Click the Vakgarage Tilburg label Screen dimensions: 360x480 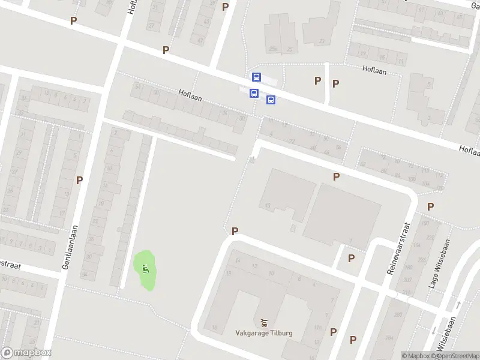[x=263, y=332]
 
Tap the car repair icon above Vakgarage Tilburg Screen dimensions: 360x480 [x=263, y=322]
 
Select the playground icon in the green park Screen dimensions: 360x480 [x=145, y=268]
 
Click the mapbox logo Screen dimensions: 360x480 [x=26, y=353]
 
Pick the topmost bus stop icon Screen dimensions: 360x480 [x=257, y=77]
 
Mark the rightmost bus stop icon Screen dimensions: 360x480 [x=271, y=100]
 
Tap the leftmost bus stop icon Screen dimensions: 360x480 [x=254, y=93]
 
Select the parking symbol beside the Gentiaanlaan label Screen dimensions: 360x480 [x=79, y=179]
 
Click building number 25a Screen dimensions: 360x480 [x=273, y=49]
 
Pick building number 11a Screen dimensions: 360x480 [x=317, y=327]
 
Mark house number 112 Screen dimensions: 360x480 [x=440, y=175]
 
